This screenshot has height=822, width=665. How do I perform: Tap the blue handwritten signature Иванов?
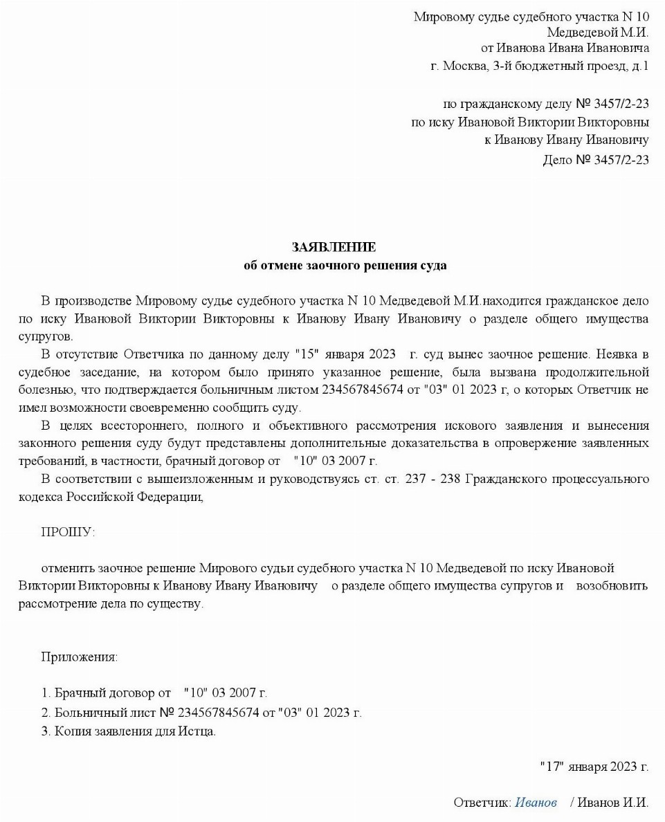[x=536, y=803]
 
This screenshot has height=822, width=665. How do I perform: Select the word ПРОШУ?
[x=66, y=532]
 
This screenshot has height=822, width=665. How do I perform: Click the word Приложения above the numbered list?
[x=79, y=657]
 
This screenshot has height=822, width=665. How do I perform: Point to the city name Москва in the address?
[x=465, y=66]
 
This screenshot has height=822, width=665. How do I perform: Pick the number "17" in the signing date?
[x=552, y=766]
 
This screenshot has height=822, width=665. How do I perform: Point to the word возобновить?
[x=612, y=586]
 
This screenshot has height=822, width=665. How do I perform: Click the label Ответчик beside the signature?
[x=482, y=803]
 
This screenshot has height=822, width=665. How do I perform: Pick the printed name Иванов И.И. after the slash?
[x=612, y=803]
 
